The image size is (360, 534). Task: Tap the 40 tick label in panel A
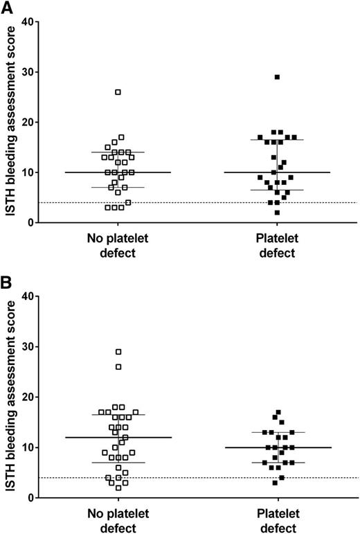click(27, 22)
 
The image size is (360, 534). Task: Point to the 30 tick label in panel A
click(27, 72)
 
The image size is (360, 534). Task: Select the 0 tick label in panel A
click(30, 222)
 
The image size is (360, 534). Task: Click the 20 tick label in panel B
click(27, 398)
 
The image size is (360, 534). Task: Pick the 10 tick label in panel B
click(27, 447)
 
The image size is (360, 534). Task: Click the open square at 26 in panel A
click(118, 92)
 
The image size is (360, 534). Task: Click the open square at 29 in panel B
click(118, 352)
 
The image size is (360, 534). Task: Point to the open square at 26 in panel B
click(118, 367)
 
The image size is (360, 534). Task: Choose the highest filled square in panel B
click(278, 412)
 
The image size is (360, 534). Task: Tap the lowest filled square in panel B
click(275, 483)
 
